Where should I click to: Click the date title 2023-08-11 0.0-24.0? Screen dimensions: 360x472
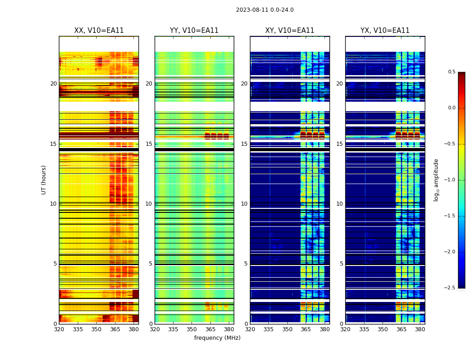click(265, 10)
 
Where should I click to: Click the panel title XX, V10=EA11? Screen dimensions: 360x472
click(99, 31)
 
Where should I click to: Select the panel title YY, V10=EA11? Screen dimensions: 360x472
click(194, 31)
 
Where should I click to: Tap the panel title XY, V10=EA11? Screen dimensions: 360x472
click(289, 31)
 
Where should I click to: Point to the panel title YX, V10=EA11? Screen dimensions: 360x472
click(385, 31)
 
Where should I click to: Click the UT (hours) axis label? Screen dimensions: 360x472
click(44, 180)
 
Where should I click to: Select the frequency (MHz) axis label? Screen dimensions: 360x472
click(217, 338)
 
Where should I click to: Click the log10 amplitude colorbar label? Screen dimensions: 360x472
click(436, 180)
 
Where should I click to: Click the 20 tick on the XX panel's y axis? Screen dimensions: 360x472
click(53, 84)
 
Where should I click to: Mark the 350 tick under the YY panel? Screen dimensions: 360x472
click(192, 329)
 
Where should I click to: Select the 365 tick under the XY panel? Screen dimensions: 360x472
click(306, 329)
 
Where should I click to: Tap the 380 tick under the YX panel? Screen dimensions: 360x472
click(420, 329)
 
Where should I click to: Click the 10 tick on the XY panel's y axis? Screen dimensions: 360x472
click(244, 204)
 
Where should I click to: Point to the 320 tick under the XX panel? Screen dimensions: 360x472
click(59, 329)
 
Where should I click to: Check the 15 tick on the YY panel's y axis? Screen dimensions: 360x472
click(149, 144)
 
